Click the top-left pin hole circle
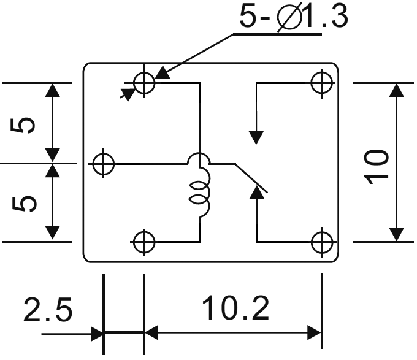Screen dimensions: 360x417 (144, 82)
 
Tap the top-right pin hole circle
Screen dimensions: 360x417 (321, 82)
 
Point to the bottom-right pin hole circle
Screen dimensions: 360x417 (321, 242)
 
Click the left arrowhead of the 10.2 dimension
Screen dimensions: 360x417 (151, 334)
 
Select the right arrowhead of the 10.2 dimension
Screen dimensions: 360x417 (315, 334)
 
